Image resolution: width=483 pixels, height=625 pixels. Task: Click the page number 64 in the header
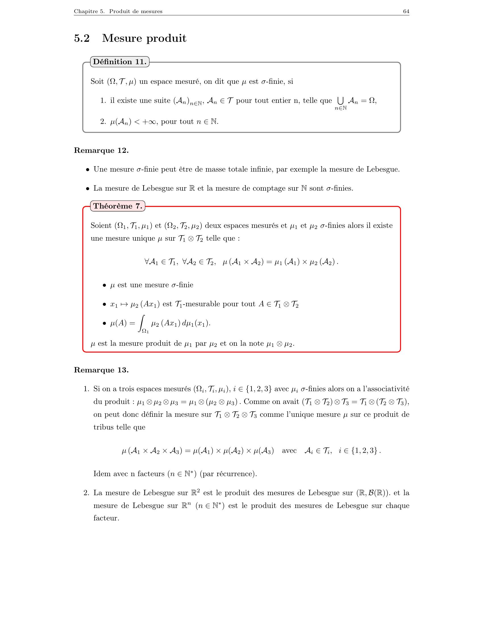[x=406, y=11]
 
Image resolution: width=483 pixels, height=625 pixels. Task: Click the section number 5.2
[x=82, y=38]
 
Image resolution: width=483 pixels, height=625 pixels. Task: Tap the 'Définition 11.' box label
[x=120, y=62]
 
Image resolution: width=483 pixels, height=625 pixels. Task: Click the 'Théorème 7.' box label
[x=118, y=206]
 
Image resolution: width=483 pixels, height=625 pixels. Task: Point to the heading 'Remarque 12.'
[x=101, y=150]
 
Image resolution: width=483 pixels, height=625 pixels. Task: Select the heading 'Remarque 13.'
[x=101, y=370]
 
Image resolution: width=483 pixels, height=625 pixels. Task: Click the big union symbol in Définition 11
[x=340, y=101]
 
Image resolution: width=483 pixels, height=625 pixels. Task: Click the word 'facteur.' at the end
[x=106, y=518]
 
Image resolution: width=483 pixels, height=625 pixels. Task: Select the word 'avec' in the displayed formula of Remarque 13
[x=289, y=451]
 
